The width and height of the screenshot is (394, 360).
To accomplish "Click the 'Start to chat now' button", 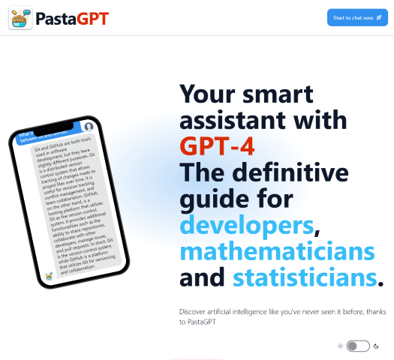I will coord(356,17).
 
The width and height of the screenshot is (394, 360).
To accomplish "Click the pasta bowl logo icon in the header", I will coord(20,18).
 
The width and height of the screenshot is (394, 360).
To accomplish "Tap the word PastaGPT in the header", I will coord(72,18).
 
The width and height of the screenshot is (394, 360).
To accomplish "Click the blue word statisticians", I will coord(303,277).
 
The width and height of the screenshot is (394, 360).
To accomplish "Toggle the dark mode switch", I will coord(359,346).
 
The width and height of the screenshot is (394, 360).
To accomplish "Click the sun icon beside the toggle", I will coord(340,346).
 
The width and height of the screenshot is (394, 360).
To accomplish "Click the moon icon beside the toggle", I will coord(377,346).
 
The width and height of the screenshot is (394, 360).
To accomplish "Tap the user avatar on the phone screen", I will coord(89,127).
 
